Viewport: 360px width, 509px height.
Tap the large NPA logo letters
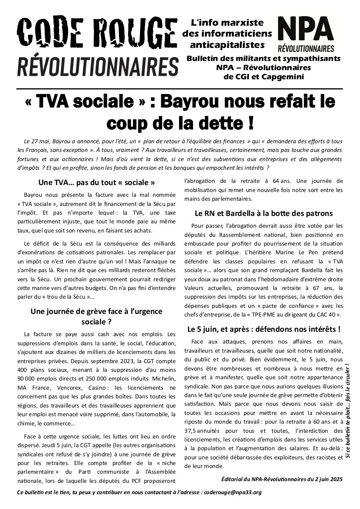pyautogui.click(x=306, y=29)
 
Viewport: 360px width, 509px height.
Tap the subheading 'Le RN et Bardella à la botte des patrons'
pyautogui.click(x=264, y=213)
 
